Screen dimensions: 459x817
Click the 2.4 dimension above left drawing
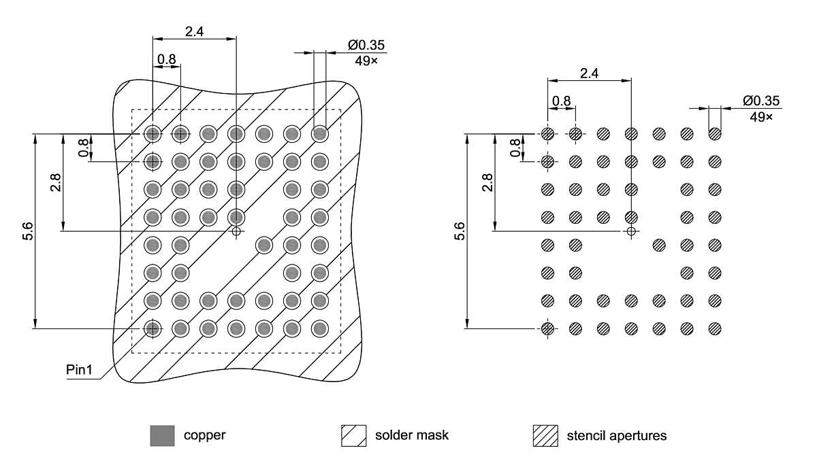click(193, 31)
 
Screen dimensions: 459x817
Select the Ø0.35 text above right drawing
click(761, 101)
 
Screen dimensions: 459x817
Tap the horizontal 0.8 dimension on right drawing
click(562, 101)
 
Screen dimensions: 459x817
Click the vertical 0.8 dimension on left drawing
click(84, 148)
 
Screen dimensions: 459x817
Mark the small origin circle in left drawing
click(236, 231)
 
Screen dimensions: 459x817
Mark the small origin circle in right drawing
click(631, 231)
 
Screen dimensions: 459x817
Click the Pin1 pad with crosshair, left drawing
click(153, 328)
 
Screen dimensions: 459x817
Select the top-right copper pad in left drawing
click(319, 134)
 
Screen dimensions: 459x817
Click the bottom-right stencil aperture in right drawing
click(714, 328)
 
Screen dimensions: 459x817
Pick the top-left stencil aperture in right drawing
click(547, 134)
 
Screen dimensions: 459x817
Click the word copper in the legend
click(204, 435)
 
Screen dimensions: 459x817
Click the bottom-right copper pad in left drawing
click(319, 328)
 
